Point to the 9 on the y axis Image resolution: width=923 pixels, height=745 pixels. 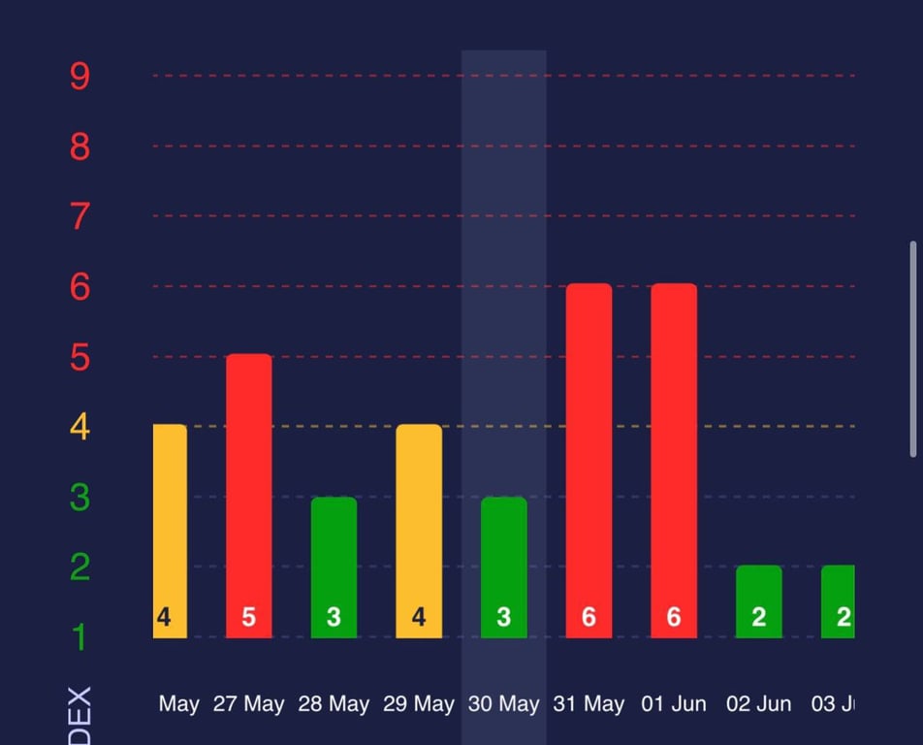coord(80,76)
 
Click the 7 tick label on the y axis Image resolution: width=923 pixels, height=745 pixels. coord(80,216)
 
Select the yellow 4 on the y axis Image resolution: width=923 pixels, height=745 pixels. coord(80,427)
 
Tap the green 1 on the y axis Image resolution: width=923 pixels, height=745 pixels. coord(80,637)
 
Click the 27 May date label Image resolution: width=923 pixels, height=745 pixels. coord(249,704)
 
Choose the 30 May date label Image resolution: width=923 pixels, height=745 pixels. coord(504,704)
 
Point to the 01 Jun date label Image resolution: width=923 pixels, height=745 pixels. coord(674,704)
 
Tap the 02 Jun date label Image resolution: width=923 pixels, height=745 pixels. coord(759,704)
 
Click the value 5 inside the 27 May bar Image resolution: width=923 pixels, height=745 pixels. coord(249,618)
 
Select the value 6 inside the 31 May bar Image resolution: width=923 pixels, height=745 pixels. coord(589,618)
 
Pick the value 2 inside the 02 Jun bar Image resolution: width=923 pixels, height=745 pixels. coord(759,618)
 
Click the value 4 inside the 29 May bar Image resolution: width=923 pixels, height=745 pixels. coord(419,618)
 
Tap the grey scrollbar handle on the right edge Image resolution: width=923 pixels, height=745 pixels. coord(912,349)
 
